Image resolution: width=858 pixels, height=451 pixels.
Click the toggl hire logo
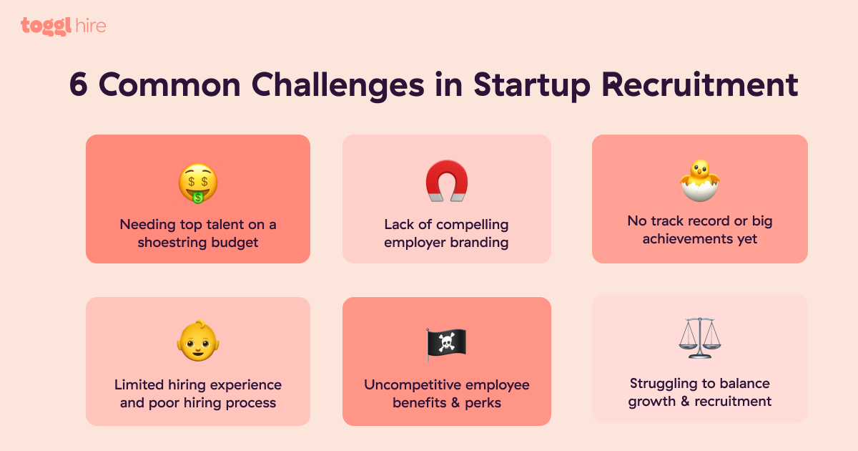63,26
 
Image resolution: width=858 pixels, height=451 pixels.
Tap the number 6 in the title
79,84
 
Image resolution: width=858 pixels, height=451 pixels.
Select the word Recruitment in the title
700,84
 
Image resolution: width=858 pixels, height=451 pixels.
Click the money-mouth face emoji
198,183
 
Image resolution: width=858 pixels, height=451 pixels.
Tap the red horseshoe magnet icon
447,180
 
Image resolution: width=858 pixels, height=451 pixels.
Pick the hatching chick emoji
700,180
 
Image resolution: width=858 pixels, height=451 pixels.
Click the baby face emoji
198,341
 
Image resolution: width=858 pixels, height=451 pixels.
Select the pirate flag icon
446,344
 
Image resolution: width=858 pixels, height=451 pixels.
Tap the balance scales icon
700,338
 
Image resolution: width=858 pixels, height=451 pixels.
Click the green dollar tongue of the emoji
198,198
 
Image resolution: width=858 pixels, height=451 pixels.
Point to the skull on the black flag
447,341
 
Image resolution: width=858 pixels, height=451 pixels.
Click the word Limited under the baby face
139,384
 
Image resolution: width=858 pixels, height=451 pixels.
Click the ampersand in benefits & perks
455,402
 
